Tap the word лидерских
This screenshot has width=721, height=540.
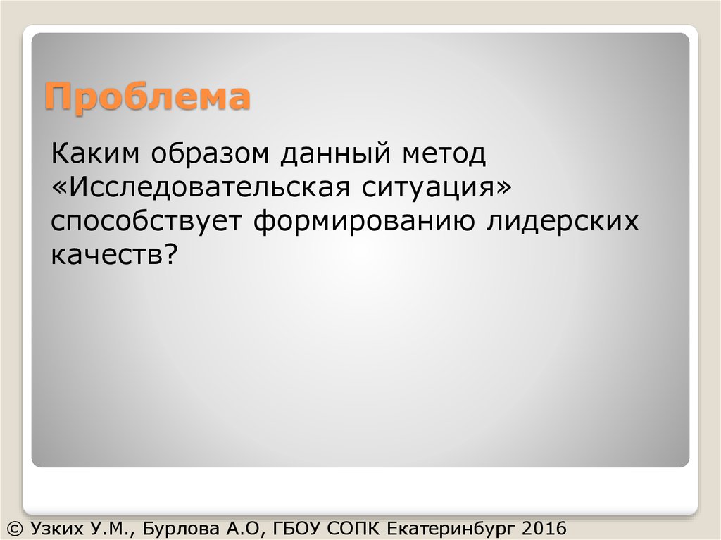point(563,222)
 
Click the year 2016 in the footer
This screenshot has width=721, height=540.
point(544,527)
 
